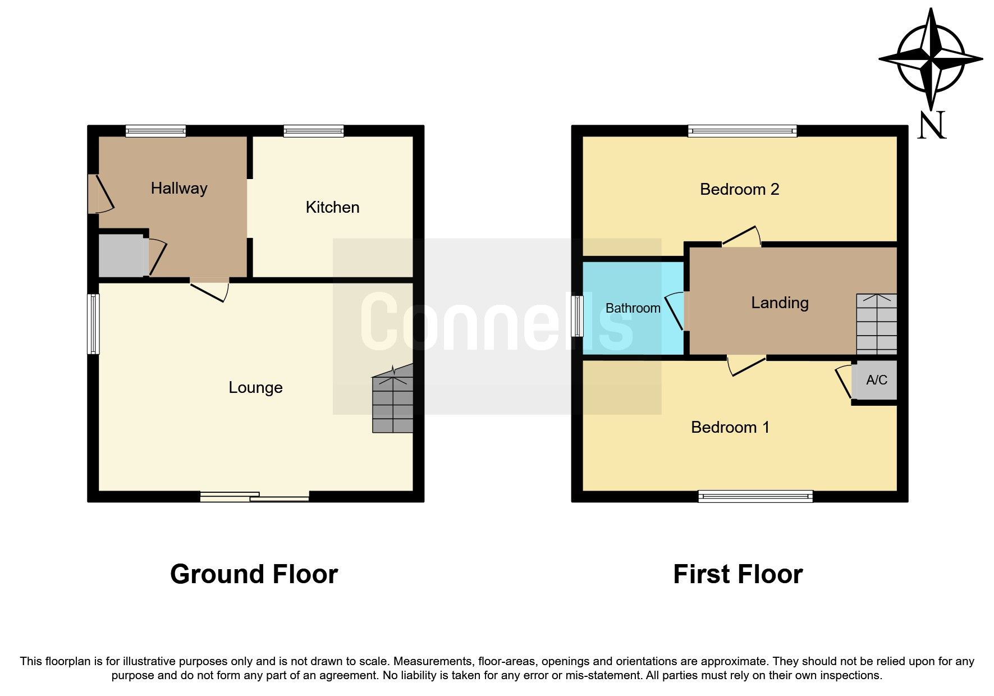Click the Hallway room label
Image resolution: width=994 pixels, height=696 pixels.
coord(179,188)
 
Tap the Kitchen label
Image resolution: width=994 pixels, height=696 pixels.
coord(332,207)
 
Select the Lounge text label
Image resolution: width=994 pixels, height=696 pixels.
coord(255,387)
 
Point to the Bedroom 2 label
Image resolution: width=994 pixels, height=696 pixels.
coord(739,189)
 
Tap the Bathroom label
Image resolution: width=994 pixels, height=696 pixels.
coord(633,308)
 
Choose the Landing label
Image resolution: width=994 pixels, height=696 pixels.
coord(780,303)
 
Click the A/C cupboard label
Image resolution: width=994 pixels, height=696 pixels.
coord(876,380)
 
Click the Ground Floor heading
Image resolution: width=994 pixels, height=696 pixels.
coord(254,574)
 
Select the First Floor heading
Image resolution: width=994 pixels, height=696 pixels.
coord(738,574)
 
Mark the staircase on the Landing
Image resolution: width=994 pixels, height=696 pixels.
coord(876,324)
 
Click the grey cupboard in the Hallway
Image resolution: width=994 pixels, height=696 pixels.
coord(121,256)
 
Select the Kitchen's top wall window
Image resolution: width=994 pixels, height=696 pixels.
coord(313,131)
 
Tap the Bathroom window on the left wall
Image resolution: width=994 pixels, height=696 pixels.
coord(577,316)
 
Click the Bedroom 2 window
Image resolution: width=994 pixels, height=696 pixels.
coord(742,131)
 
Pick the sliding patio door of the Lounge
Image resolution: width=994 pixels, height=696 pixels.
coord(255,496)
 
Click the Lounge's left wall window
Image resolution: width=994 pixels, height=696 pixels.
coord(93,324)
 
